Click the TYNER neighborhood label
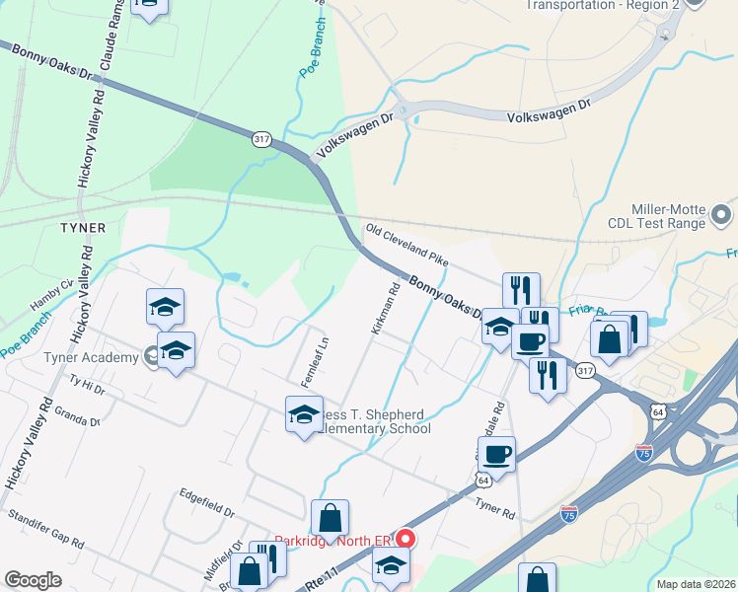tap(82, 228)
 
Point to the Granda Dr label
tap(79, 414)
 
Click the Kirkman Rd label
tap(385, 310)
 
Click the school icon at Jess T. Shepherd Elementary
tap(304, 414)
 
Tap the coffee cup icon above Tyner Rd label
tap(496, 455)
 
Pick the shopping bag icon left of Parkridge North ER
tap(330, 518)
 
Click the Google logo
tap(33, 580)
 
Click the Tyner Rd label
tap(495, 509)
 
